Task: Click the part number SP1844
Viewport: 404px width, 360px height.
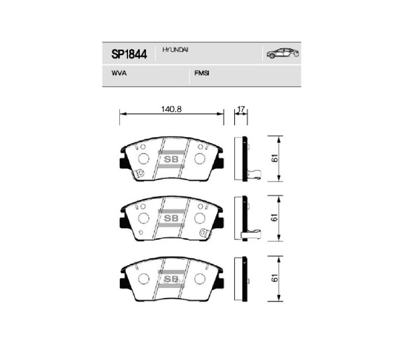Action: click(129, 54)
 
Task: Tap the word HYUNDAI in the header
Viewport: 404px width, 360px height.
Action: click(172, 50)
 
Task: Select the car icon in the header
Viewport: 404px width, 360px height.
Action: click(283, 53)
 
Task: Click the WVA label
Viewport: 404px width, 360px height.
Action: click(119, 73)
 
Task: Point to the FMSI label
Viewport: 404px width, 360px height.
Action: click(202, 73)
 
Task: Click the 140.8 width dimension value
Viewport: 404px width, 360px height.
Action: click(171, 109)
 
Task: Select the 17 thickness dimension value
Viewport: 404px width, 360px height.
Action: click(240, 109)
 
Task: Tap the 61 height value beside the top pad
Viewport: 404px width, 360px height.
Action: click(275, 158)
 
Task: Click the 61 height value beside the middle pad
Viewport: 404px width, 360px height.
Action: click(275, 217)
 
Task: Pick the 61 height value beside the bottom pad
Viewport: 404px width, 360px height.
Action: click(275, 278)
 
